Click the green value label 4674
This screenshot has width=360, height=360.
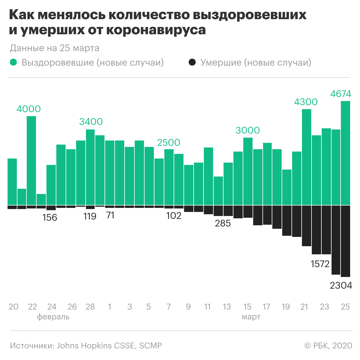pyautogui.click(x=341, y=94)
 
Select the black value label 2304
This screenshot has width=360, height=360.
pyautogui.click(x=341, y=285)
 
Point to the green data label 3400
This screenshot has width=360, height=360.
pyautogui.click(x=91, y=122)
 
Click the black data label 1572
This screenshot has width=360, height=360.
pyautogui.click(x=320, y=264)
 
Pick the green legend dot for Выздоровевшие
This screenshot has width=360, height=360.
pyautogui.click(x=13, y=62)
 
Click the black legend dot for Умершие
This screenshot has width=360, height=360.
pyautogui.click(x=192, y=62)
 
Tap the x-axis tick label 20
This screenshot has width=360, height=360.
pyautogui.click(x=13, y=307)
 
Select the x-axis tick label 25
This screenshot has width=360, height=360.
pyautogui.click(x=345, y=307)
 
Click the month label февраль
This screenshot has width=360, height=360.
pyautogui.click(x=53, y=316)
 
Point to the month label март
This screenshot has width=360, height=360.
pyautogui.click(x=251, y=316)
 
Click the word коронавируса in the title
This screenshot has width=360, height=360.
pyautogui.click(x=156, y=30)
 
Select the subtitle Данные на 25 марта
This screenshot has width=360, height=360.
pyautogui.click(x=55, y=48)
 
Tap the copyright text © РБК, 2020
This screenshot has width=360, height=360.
pyautogui.click(x=328, y=345)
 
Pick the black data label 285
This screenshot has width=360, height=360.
pyautogui.click(x=223, y=223)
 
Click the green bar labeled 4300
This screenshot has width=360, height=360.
pyautogui.click(x=307, y=157)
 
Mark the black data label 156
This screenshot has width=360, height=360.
pyautogui.click(x=50, y=217)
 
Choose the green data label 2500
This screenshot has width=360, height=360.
pyautogui.click(x=169, y=143)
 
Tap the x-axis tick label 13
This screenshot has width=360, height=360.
pyautogui.click(x=227, y=307)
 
